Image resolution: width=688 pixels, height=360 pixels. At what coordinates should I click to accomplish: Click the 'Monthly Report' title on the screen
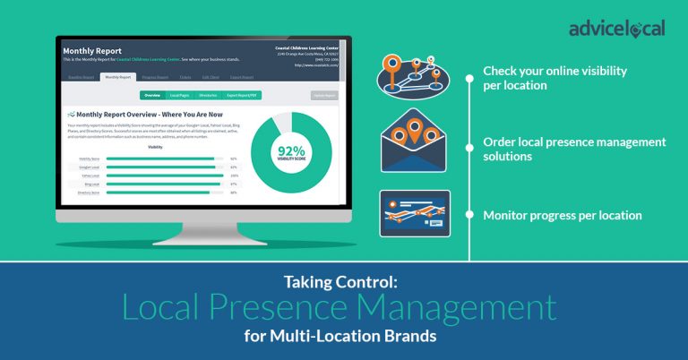[92, 51]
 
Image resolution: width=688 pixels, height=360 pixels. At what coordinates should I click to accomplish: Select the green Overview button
[153, 94]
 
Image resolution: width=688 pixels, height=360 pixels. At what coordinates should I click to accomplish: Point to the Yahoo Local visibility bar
[165, 176]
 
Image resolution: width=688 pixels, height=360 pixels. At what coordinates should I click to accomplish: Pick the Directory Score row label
[89, 193]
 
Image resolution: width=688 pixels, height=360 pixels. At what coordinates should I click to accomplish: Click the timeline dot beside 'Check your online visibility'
[470, 77]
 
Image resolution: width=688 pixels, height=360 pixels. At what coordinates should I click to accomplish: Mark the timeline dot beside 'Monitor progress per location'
[470, 215]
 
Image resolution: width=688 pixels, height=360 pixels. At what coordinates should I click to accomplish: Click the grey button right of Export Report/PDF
[324, 94]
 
